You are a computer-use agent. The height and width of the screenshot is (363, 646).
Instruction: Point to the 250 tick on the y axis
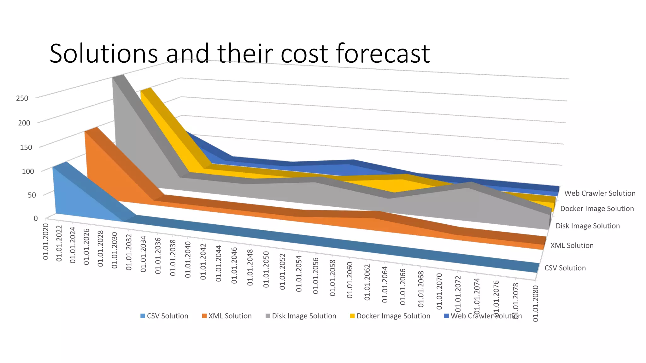(x=22, y=98)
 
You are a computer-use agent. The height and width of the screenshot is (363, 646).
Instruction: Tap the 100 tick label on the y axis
(x=28, y=171)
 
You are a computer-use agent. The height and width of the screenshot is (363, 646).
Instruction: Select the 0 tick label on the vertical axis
(x=36, y=218)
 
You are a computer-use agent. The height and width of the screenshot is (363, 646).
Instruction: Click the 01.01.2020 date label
(x=46, y=242)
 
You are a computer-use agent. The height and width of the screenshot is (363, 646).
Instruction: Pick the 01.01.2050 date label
(x=266, y=269)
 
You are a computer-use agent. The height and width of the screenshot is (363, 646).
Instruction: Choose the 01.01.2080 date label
(x=535, y=303)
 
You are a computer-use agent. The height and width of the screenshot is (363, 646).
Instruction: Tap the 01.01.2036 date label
(x=158, y=256)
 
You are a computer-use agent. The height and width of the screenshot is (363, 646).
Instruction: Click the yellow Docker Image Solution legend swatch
(x=352, y=316)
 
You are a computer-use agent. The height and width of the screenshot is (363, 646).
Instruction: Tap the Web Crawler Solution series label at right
(x=600, y=193)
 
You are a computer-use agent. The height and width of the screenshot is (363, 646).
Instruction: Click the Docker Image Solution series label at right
(x=597, y=209)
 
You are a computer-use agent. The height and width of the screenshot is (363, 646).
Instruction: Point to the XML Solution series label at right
(x=572, y=245)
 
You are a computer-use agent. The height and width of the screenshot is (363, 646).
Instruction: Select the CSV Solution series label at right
(x=565, y=268)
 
